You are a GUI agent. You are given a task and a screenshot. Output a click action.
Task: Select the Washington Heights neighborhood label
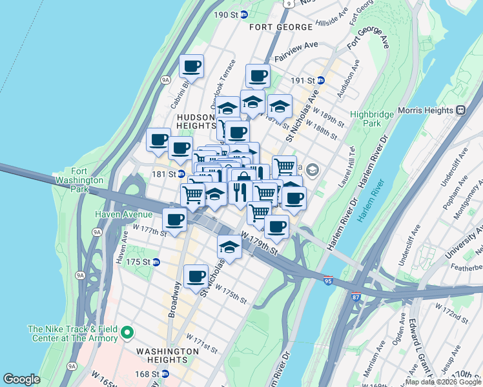167,351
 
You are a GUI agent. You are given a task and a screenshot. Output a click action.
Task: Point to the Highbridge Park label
365,119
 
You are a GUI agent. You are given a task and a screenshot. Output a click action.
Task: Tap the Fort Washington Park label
79,181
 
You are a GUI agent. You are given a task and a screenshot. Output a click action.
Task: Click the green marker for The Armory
127,333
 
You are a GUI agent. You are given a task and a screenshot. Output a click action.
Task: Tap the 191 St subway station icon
320,81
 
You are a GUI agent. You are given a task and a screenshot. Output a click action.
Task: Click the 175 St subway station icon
156,262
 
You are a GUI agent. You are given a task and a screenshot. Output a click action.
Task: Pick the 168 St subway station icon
165,373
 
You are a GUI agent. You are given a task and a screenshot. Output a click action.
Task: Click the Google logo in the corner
21,379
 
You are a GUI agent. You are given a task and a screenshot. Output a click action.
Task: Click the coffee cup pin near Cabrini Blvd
192,66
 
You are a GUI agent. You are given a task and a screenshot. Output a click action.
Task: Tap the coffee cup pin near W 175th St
196,276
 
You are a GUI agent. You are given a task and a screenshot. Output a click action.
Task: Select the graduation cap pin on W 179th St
229,246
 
